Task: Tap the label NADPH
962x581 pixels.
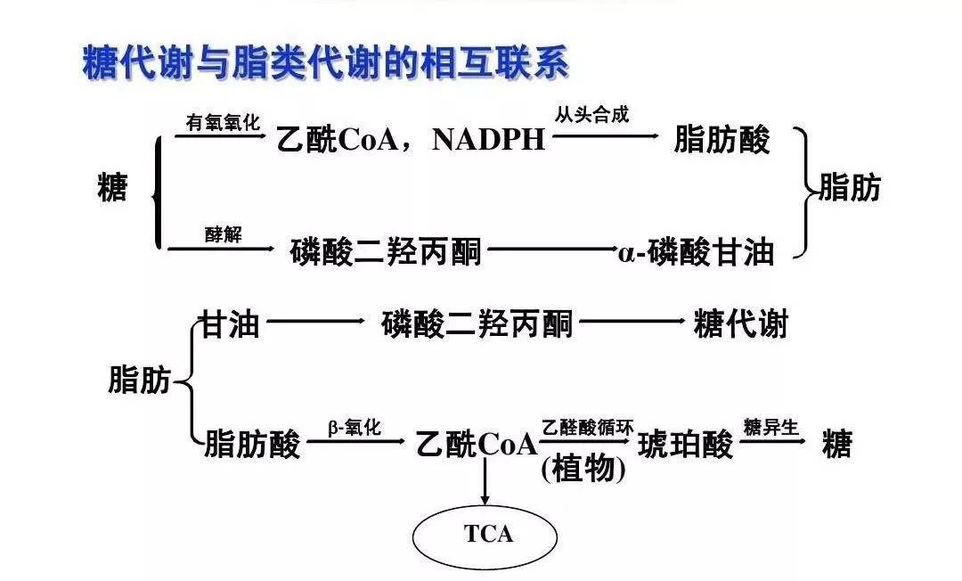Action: tap(488, 141)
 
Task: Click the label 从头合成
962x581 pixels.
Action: tap(591, 117)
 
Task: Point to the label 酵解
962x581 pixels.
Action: tap(223, 234)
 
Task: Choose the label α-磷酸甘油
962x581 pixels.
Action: tap(695, 253)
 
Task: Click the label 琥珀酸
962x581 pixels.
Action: tap(686, 444)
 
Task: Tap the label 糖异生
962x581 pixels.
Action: tap(771, 426)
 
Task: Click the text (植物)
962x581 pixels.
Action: tap(583, 469)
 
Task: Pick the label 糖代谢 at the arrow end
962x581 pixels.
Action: tap(740, 324)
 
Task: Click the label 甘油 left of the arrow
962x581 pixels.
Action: tap(229, 324)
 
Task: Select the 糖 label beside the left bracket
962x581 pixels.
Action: tap(112, 188)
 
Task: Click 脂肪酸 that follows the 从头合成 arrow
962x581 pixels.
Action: tap(721, 141)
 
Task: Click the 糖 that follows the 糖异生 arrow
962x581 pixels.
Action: tap(836, 444)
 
